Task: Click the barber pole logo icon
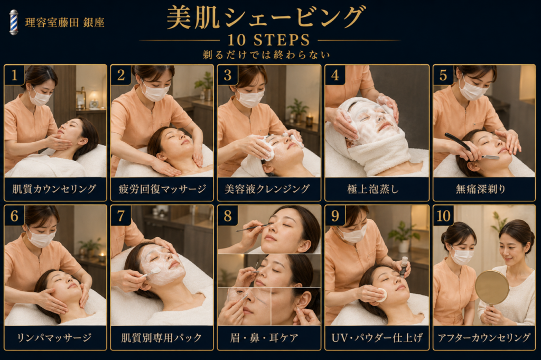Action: click(14, 22)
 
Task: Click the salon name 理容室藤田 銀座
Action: click(64, 23)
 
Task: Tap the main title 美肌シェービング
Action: click(265, 17)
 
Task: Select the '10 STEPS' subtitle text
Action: click(269, 40)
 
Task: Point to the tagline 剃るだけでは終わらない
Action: click(266, 55)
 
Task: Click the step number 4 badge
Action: click(334, 75)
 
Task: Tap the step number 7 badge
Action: click(121, 216)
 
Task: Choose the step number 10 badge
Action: click(443, 216)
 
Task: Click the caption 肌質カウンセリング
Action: click(54, 189)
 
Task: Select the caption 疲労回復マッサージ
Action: click(162, 189)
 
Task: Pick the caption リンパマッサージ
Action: click(54, 337)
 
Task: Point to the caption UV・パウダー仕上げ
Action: click(377, 338)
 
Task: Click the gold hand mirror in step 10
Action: click(492, 288)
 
